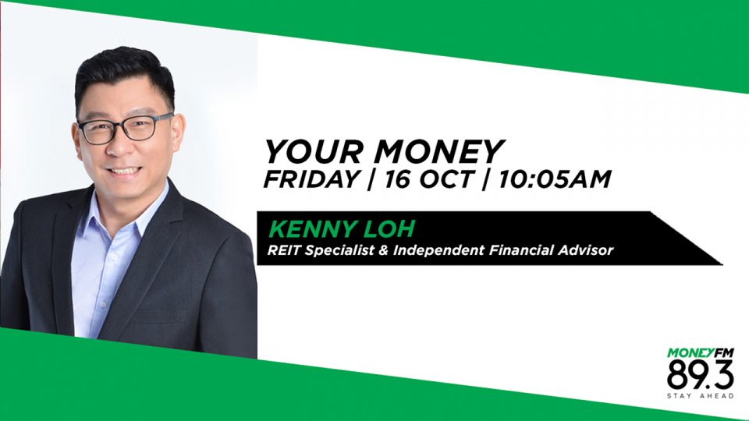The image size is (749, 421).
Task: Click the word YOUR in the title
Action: click(314, 151)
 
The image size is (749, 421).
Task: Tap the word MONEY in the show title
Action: click(438, 151)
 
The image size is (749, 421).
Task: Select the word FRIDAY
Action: click(312, 179)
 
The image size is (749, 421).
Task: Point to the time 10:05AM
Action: click(554, 179)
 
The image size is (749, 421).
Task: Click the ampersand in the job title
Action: click(382, 249)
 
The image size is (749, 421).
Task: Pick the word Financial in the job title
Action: click(520, 249)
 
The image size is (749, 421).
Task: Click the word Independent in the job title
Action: click(438, 250)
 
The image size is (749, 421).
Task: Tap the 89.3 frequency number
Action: click(701, 374)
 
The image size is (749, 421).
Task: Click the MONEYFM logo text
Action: click(701, 353)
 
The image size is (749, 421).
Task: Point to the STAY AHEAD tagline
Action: click(701, 396)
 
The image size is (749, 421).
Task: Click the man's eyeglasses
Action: click(125, 127)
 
